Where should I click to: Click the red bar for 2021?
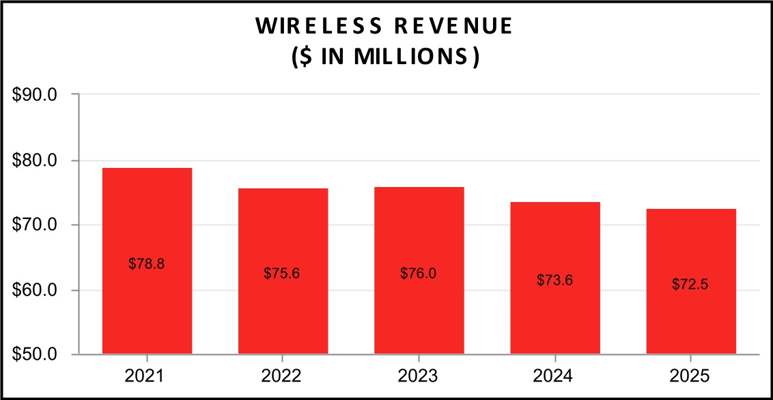(147, 261)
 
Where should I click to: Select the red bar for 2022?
(283, 271)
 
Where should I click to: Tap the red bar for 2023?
(419, 270)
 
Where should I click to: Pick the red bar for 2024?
(555, 278)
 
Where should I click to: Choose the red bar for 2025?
(691, 281)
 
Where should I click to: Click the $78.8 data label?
(146, 264)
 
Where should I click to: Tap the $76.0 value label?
(418, 274)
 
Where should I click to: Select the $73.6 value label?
(554, 281)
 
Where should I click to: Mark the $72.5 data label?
(690, 284)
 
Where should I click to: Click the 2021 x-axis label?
(146, 377)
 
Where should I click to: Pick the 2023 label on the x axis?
(419, 377)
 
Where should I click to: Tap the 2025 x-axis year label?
(691, 377)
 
